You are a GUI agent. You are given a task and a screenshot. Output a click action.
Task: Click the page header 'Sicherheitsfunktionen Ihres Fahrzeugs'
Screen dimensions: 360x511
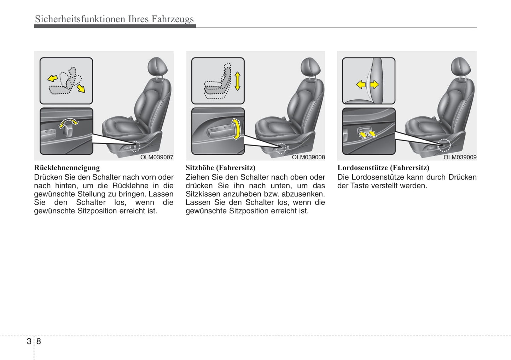point(114,19)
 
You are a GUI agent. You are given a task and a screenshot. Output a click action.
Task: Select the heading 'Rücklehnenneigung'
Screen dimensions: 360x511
point(67,168)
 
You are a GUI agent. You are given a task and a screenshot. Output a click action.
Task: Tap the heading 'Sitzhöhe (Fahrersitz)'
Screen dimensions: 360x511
point(220,168)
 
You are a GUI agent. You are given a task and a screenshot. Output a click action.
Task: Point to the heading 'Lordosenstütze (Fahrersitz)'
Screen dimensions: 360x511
point(383,168)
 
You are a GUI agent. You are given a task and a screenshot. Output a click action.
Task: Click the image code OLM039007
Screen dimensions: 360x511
point(157,157)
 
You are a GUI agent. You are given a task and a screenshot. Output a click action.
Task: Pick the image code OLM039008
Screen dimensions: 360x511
point(308,157)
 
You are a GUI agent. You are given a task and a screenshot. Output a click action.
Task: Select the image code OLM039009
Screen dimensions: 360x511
point(460,157)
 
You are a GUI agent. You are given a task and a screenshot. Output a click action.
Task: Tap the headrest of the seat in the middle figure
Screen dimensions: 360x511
point(310,66)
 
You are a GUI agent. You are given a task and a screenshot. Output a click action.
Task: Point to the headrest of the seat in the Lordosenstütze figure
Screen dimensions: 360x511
point(461,66)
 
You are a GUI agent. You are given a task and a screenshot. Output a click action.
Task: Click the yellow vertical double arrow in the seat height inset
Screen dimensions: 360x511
point(237,81)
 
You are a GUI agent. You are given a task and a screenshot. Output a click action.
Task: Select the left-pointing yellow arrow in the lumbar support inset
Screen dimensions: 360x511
point(361,84)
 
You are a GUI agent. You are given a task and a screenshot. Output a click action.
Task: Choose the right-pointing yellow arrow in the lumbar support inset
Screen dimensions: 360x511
point(374,84)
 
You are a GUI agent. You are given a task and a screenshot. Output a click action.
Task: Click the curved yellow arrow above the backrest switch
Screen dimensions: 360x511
point(68,123)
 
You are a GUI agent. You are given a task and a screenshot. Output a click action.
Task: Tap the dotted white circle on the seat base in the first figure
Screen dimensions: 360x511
point(135,146)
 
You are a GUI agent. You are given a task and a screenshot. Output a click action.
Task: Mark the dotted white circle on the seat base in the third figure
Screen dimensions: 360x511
point(444,145)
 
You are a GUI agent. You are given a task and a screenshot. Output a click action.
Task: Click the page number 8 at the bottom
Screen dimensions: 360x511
point(39,341)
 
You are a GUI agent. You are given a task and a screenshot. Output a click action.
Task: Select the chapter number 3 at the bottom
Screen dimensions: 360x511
point(29,341)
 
